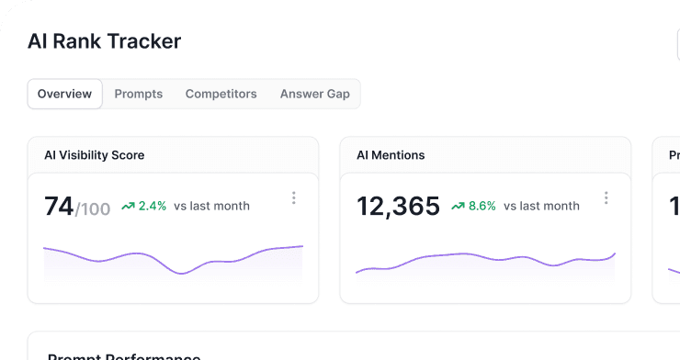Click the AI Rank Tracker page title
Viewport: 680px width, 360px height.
click(x=104, y=41)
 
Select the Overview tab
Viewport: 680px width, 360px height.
click(x=64, y=94)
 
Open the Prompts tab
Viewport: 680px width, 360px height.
click(x=139, y=94)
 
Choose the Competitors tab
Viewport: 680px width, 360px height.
click(x=221, y=94)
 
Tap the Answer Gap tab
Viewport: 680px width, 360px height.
click(x=315, y=94)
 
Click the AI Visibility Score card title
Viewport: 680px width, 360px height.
click(x=95, y=155)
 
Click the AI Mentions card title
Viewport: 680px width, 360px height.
click(x=391, y=155)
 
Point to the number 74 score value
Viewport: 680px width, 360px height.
click(x=59, y=207)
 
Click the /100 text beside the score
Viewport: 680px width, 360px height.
click(x=93, y=209)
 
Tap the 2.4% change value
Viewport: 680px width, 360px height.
click(x=153, y=206)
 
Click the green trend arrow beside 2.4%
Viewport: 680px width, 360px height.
click(x=128, y=206)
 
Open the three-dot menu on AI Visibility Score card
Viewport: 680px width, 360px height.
click(x=294, y=197)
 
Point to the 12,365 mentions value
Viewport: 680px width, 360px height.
click(x=399, y=207)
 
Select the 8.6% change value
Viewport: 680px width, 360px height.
click(x=482, y=206)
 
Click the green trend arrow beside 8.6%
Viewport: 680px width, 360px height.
click(x=458, y=206)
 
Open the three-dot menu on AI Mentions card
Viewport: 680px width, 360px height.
click(x=606, y=197)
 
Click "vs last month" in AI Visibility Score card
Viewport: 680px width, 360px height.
click(x=211, y=206)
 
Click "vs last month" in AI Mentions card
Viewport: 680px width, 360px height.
click(x=541, y=206)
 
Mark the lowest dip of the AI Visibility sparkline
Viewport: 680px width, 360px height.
click(x=187, y=273)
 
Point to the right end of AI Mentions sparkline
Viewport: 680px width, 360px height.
click(x=615, y=253)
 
